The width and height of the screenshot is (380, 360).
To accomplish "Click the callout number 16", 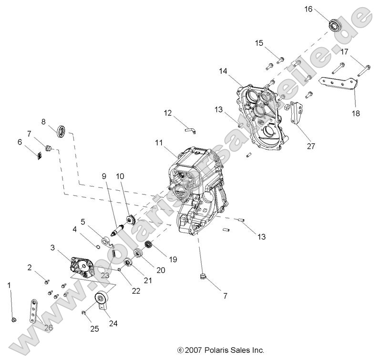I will point(322,9).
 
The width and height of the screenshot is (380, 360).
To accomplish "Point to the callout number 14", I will point(224,71).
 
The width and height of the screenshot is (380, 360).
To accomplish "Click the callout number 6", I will point(20,142).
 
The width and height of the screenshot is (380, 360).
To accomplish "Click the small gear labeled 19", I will point(148,247).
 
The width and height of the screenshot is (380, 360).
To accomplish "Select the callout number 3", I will point(52,248).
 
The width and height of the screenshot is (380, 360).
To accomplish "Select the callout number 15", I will point(259,43).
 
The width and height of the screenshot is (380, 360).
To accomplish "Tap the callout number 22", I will point(136,290).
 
